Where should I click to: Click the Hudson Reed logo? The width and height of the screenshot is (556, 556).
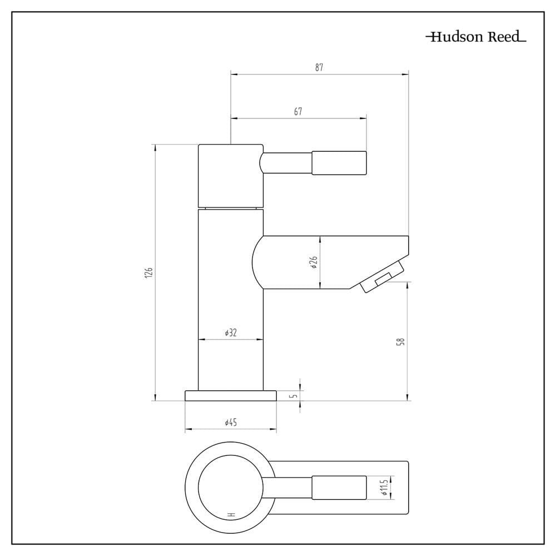point(476,37)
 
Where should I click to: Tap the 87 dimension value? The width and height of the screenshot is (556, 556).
point(319,67)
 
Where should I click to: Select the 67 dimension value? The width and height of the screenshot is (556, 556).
point(298,111)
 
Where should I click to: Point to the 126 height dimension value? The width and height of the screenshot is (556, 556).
point(149,272)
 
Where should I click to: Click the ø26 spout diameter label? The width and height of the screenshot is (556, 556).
point(314,262)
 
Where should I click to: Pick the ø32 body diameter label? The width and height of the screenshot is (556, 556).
point(231,332)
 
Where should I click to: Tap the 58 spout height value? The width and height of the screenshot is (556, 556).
point(401,342)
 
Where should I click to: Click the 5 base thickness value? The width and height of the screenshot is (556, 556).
point(295,395)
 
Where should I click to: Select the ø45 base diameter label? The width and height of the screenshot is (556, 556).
point(231,423)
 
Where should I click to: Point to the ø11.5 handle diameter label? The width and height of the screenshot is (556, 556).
point(384,488)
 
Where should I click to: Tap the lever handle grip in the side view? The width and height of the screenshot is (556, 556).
point(339,163)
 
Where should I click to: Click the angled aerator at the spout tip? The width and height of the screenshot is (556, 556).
point(383,276)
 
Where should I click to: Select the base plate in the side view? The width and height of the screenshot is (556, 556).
point(231,396)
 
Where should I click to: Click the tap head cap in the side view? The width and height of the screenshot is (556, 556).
point(231,176)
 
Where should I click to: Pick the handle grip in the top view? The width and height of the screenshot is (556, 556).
point(339,488)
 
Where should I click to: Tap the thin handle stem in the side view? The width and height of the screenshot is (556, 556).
point(286,163)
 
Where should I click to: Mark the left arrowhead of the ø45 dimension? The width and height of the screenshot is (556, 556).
point(188,429)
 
